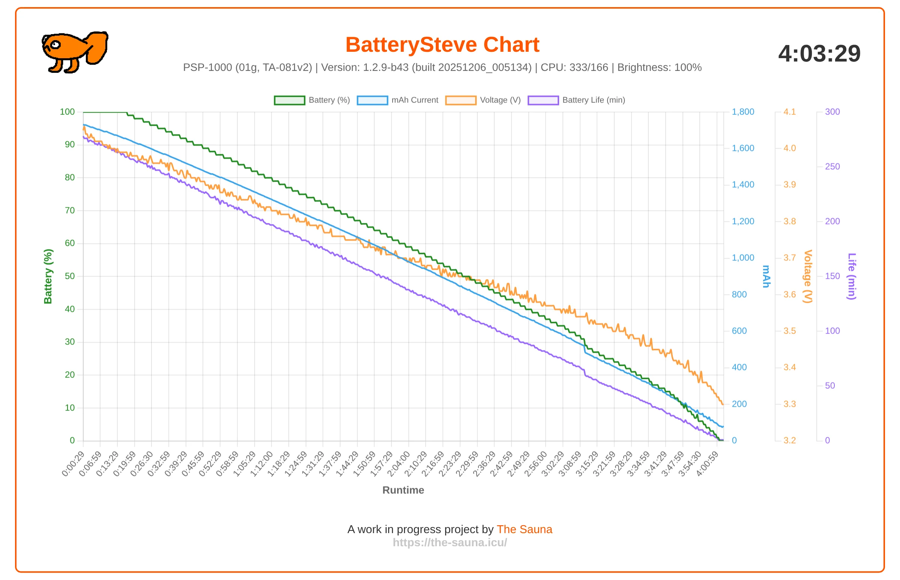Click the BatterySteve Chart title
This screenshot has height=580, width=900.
pos(442,44)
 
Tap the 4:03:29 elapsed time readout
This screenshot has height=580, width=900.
pos(819,54)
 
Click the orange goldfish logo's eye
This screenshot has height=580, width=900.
pos(55,45)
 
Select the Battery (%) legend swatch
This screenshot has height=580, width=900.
pos(289,100)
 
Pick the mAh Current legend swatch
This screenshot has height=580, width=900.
pos(372,100)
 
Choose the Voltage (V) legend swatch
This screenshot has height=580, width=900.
pos(461,100)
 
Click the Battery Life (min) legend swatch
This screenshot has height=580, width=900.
pos(543,100)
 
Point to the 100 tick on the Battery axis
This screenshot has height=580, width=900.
pos(67,112)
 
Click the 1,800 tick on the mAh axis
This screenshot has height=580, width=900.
pos(743,112)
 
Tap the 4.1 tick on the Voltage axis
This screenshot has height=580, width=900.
pos(790,112)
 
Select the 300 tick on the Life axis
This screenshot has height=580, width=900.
pos(832,112)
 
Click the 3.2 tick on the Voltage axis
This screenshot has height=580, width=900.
pos(790,440)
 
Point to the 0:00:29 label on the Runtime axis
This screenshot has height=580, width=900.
pos(73,464)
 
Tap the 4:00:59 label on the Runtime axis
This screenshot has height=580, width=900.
pos(707,464)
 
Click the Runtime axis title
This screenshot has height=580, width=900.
pos(403,490)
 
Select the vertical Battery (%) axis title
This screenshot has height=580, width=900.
pos(48,276)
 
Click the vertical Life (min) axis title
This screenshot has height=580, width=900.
pos(852,276)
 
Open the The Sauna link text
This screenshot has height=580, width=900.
pos(524,529)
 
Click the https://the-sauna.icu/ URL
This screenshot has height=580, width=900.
pos(450,542)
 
